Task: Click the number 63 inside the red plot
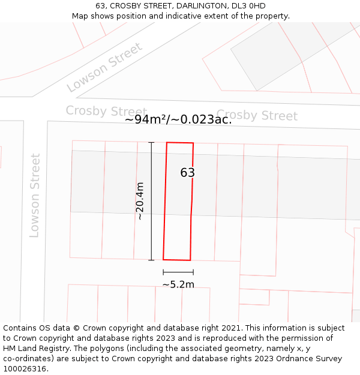tap(188, 173)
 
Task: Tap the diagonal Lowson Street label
tap(105, 67)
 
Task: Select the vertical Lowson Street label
tap(35, 196)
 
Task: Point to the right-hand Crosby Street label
tap(257, 115)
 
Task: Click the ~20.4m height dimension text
tap(140, 202)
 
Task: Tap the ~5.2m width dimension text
tap(178, 284)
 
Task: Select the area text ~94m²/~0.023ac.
tap(178, 119)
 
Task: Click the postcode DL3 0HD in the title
tap(248, 6)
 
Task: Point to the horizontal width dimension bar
tap(178, 272)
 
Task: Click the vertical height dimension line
tap(151, 201)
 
